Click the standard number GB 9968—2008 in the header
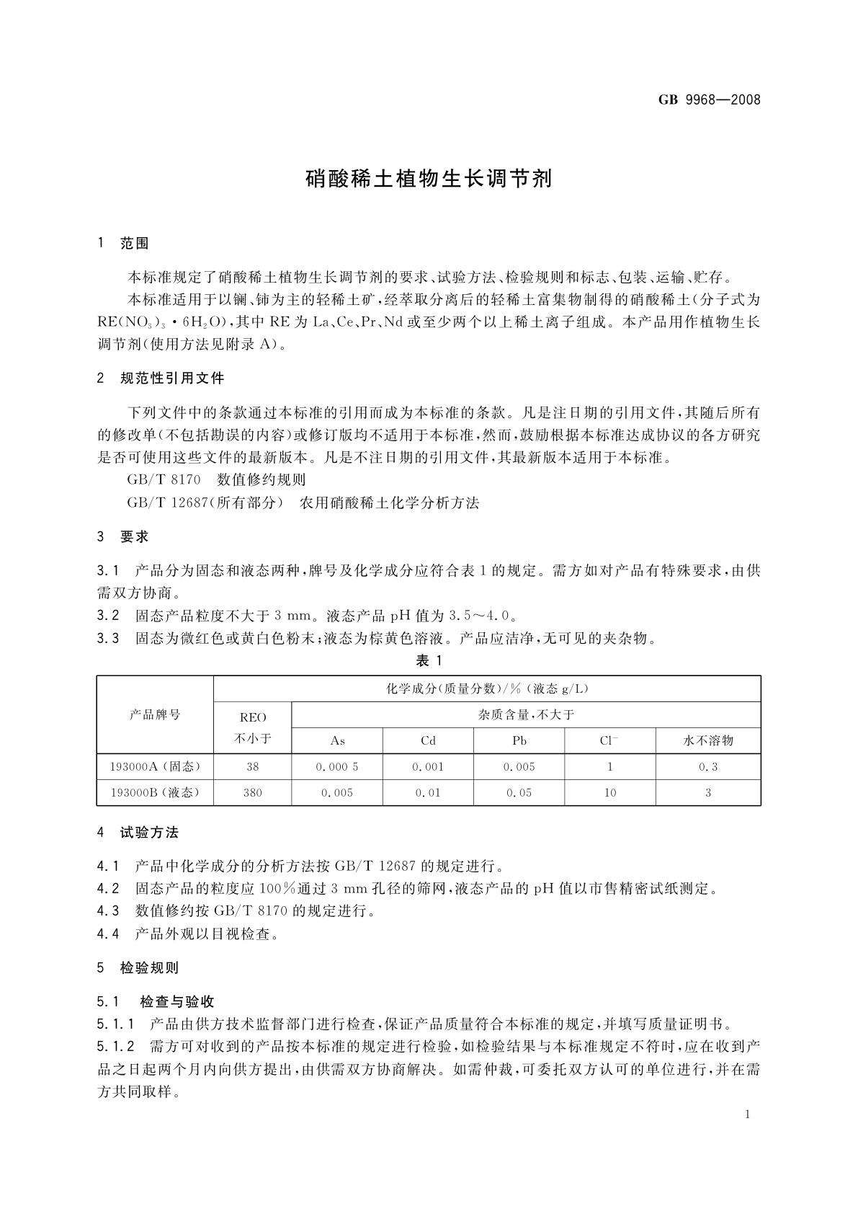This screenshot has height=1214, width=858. click(x=709, y=99)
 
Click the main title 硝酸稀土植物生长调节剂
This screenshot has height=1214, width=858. click(x=429, y=178)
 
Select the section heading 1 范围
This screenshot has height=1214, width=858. click(x=123, y=244)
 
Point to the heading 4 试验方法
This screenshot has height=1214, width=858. click(x=138, y=833)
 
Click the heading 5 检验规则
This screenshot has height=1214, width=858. click(x=138, y=968)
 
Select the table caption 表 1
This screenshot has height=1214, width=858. click(x=429, y=660)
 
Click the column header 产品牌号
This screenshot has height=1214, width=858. click(x=155, y=714)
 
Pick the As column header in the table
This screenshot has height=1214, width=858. click(x=337, y=740)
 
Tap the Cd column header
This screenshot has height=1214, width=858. click(x=428, y=740)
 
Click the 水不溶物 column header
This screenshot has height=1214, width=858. click(x=707, y=740)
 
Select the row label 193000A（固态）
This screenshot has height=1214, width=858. click(x=155, y=766)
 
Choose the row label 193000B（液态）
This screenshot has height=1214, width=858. click(x=155, y=792)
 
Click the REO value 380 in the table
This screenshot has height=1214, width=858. click(x=253, y=792)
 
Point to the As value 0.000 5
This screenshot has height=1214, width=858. click(x=337, y=766)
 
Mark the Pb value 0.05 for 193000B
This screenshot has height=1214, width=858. click(x=519, y=792)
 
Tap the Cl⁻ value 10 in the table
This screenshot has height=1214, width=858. click(x=609, y=792)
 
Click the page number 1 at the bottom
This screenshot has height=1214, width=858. click(x=748, y=1115)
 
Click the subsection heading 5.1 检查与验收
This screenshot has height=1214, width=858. click(x=156, y=1001)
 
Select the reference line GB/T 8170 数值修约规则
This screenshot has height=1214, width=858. click(x=216, y=479)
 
